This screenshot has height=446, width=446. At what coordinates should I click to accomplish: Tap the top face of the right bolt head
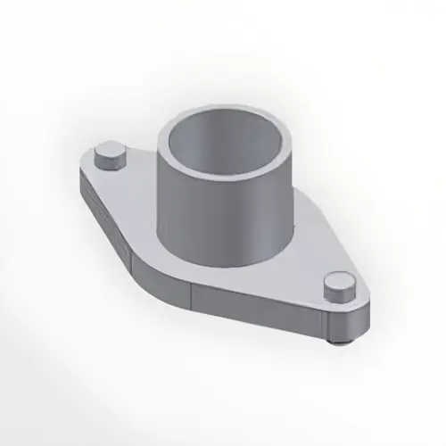tap(339, 283)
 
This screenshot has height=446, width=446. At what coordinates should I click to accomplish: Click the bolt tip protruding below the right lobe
tap(336, 341)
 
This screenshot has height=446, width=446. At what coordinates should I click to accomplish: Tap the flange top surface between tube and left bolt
tap(138, 192)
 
